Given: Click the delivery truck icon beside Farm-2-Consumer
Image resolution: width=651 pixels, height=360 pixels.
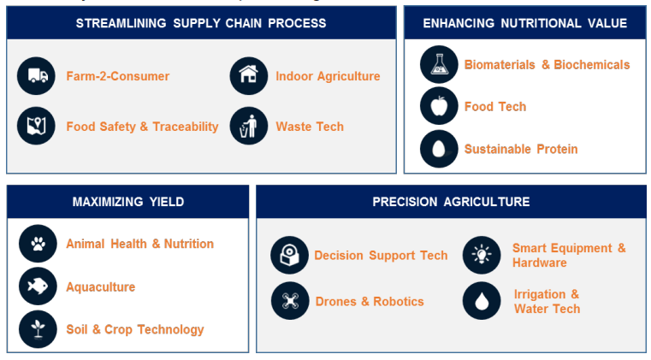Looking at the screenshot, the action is [36, 76].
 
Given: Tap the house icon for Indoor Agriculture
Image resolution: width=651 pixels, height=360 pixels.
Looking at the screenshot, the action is [249, 76].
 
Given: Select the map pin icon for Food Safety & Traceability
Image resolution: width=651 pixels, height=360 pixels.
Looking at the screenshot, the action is [36, 126].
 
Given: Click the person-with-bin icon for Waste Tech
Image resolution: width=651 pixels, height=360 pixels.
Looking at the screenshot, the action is [249, 126].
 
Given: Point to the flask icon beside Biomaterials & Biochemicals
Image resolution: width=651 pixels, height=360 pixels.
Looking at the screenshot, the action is [439, 64].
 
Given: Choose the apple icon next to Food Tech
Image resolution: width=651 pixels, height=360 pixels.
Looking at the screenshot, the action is [439, 106].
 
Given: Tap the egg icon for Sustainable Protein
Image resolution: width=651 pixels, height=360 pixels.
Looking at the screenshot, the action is [439, 149].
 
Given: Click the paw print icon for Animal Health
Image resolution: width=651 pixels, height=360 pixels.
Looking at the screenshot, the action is [38, 244].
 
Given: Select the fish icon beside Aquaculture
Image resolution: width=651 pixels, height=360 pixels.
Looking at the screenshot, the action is [38, 286].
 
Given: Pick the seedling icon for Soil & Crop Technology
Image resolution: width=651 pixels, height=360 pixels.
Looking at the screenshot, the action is [38, 329].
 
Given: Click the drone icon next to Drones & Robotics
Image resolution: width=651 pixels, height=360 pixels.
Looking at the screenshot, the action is [290, 301].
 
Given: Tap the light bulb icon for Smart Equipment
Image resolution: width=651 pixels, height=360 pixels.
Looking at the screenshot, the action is [482, 255].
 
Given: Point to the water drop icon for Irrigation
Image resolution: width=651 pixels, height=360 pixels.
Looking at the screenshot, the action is [482, 301].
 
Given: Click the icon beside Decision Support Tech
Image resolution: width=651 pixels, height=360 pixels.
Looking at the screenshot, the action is [289, 255].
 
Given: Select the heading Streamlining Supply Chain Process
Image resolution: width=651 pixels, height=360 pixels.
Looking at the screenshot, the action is [201, 23].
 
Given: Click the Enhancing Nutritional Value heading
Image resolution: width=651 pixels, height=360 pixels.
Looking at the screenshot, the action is [524, 23].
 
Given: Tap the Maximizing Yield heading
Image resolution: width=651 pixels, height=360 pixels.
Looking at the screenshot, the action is [128, 202].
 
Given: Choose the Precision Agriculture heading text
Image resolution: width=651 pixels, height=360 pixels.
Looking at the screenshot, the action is [451, 202].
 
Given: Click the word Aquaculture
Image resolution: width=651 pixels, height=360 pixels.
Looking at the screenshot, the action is [100, 287].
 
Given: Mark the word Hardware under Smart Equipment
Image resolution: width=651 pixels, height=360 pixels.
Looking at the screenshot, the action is [539, 263].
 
